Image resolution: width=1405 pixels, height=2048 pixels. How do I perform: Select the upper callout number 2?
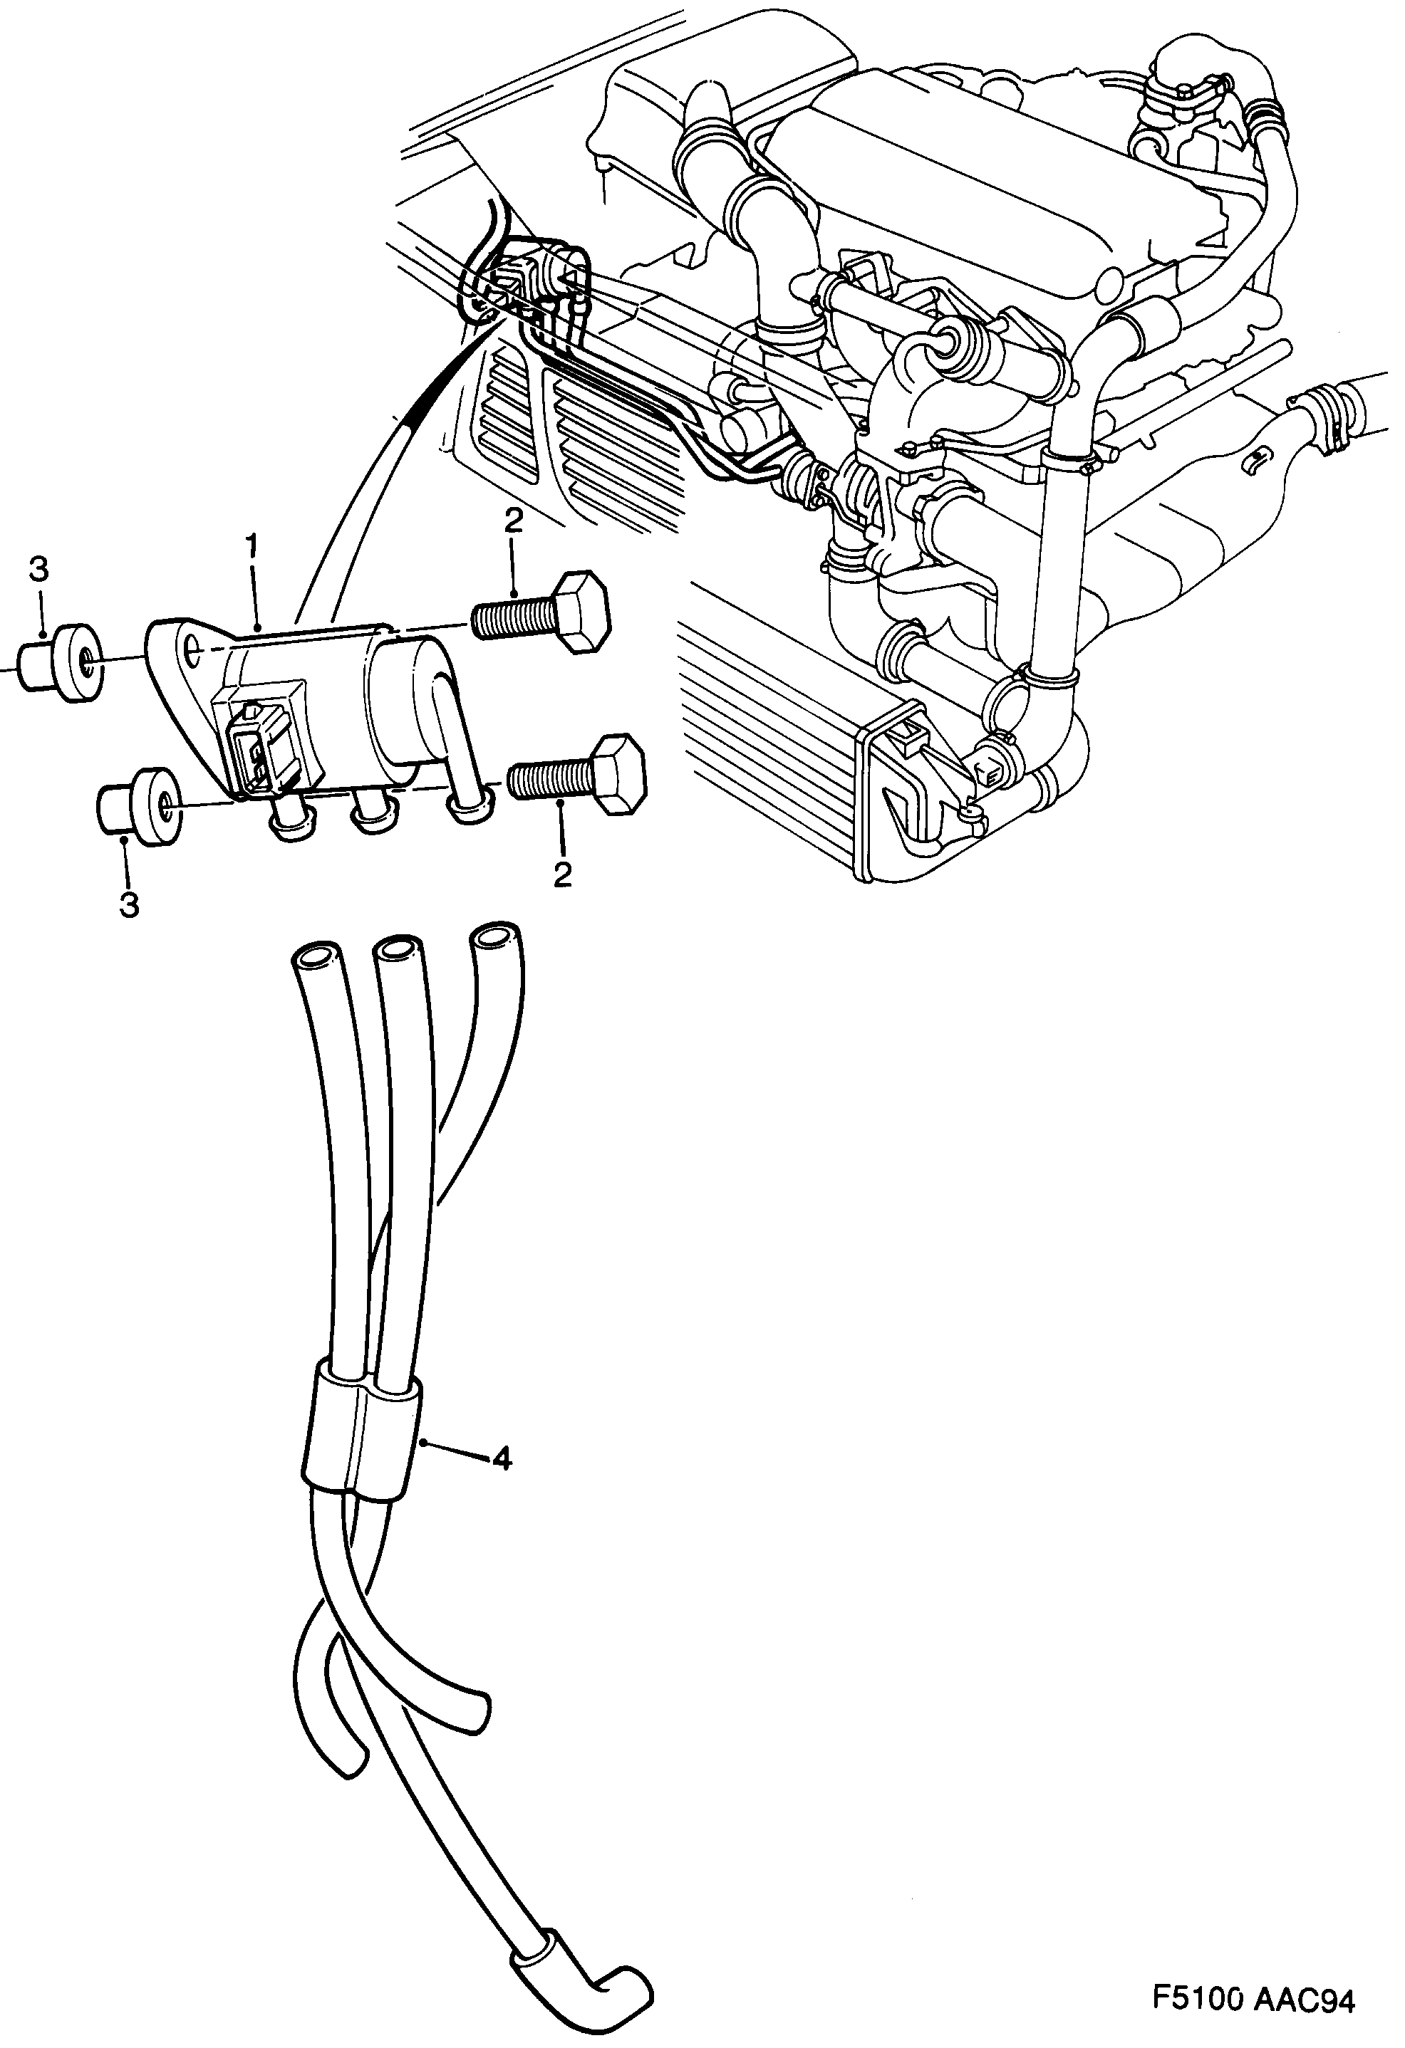coord(514,521)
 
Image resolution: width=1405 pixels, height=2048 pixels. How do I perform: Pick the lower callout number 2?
coord(562,874)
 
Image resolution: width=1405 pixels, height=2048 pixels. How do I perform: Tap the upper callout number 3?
coord(38,570)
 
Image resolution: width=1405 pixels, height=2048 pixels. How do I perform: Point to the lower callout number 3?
coord(130,905)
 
